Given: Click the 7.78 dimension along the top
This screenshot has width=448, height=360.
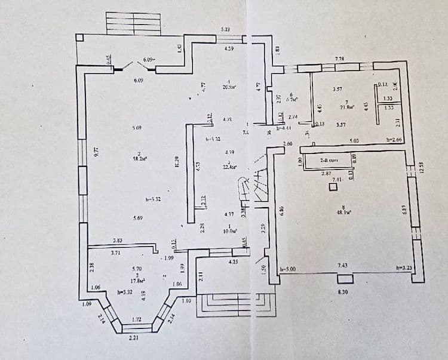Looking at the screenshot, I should pyautogui.click(x=339, y=59).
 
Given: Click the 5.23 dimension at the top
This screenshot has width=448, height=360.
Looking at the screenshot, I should pyautogui.click(x=225, y=29).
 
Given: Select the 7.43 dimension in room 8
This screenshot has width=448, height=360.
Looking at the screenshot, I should pyautogui.click(x=343, y=264).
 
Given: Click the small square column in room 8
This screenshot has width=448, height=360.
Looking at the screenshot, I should pyautogui.click(x=333, y=187).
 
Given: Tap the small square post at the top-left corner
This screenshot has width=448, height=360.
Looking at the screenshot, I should pyautogui.click(x=79, y=38).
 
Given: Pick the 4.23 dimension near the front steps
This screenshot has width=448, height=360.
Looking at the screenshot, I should pyautogui.click(x=234, y=260).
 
